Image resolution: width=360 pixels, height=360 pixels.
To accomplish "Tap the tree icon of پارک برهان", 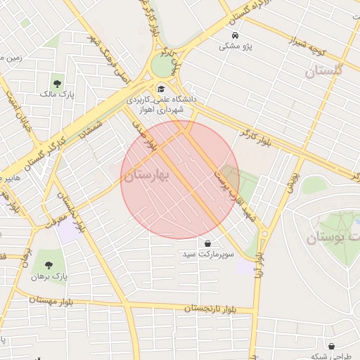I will (x=48, y=265).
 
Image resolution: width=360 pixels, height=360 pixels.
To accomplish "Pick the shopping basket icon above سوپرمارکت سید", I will (x=207, y=243).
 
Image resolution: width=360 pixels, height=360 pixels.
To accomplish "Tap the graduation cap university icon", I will (x=161, y=89).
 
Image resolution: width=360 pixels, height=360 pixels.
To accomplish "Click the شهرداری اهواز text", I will (x=160, y=110).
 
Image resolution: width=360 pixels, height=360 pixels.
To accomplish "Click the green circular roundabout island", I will (x=162, y=67).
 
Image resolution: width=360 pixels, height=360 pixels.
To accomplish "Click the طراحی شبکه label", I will (x=326, y=356).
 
